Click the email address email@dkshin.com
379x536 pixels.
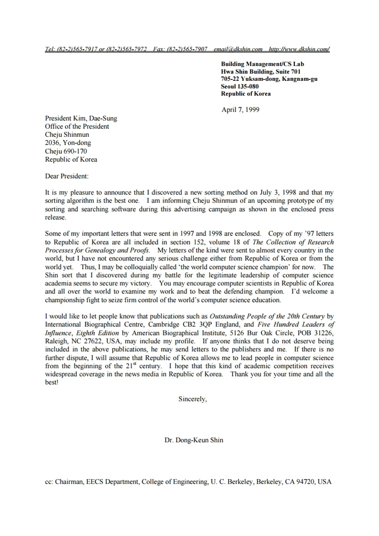pos(238,49)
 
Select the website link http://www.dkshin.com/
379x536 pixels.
pos(299,49)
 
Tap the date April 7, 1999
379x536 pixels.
pos(240,109)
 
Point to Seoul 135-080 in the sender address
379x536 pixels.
pos(240,86)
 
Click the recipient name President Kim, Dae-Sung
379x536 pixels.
pos(81,118)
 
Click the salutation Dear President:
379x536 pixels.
pos(66,176)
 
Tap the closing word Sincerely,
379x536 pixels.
pos(192,399)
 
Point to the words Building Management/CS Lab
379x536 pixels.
pos(262,64)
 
